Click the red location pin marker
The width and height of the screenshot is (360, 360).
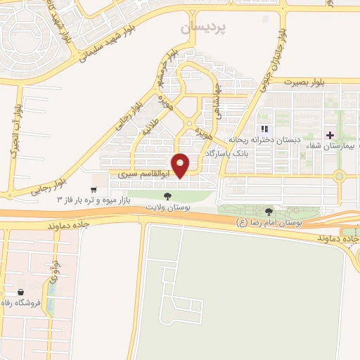click(181, 165)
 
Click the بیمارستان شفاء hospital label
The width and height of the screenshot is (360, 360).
click(330, 146)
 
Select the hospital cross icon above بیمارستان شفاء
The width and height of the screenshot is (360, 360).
click(330, 134)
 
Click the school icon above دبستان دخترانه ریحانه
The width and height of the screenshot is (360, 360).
click(264, 129)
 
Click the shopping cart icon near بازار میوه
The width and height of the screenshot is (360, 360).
click(94, 190)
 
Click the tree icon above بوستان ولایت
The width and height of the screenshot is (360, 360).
click(167, 197)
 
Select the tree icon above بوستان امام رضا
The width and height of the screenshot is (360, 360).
click(268, 211)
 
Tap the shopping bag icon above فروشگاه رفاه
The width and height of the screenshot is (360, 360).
click(21, 292)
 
